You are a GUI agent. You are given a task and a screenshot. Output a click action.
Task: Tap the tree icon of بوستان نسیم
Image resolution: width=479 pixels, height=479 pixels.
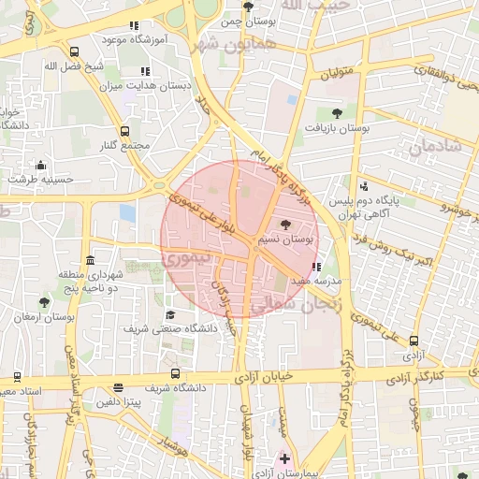[285, 225]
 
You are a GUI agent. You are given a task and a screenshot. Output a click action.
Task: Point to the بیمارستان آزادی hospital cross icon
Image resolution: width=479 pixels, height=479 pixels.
[284, 459]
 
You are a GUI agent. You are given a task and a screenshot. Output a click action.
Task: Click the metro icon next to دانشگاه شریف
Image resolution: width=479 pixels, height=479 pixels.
[118, 387]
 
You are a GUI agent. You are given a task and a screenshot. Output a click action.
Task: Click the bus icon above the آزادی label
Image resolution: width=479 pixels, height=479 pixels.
[414, 342]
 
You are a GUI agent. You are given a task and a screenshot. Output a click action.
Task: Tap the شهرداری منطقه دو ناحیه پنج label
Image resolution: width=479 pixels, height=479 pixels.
[90, 280]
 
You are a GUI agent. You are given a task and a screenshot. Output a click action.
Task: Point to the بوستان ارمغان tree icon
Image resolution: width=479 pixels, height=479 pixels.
[44, 301]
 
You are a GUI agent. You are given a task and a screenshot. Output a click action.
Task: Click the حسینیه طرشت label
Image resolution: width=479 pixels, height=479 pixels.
[40, 176]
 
